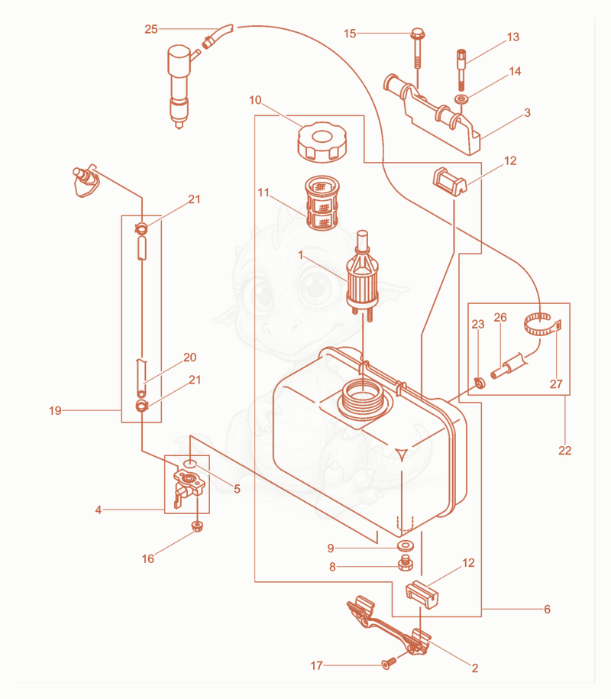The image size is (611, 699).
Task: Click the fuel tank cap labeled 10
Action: tap(322, 141)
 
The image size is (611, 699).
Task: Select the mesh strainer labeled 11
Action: tap(322, 203)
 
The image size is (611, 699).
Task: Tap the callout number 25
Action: tap(151, 30)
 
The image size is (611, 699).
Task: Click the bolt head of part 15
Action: tap(418, 34)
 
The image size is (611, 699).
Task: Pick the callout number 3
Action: tap(528, 112)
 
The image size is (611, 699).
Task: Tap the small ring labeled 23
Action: tap(480, 383)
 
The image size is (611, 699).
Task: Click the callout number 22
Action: tap(564, 451)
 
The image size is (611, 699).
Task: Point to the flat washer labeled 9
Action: tap(405, 546)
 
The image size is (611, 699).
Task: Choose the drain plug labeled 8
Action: tap(405, 564)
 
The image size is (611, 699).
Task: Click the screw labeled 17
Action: tap(389, 663)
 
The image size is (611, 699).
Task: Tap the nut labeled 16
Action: tap(197, 526)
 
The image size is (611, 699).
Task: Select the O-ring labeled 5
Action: tap(190, 464)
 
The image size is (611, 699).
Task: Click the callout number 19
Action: tap(55, 410)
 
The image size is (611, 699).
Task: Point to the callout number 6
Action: tap(548, 609)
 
